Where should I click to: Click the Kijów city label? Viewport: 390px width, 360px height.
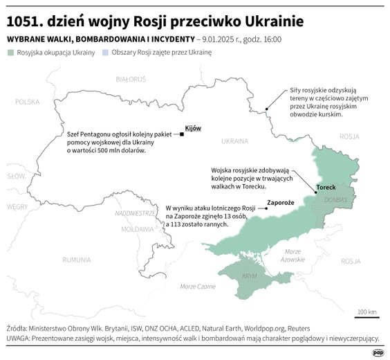click(192, 129)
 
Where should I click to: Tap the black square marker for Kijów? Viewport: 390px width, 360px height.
click(181, 134)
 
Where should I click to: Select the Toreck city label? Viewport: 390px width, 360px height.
click(326, 188)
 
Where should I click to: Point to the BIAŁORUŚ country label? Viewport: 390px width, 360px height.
click(131, 81)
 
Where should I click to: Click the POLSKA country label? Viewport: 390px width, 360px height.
click(28, 102)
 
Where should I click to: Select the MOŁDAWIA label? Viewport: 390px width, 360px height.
click(138, 228)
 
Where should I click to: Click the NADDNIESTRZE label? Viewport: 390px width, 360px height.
click(137, 213)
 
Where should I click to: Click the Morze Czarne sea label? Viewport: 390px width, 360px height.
click(197, 286)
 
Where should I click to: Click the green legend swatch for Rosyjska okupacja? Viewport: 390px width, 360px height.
click(10, 53)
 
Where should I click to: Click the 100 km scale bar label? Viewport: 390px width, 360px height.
click(367, 313)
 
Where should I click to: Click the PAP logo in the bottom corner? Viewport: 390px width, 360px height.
click(378, 352)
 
